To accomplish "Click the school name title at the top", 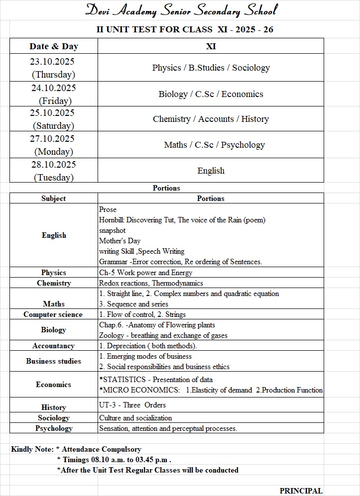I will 181,10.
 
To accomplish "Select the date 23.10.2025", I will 53,62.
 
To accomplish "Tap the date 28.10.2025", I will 53,165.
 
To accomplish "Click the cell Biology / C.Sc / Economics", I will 211,94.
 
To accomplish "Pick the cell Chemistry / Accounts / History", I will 211,119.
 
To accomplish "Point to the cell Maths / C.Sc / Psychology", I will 214,145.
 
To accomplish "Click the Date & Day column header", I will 54,46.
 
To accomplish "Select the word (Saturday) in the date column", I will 53,126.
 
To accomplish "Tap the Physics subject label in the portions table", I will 54,273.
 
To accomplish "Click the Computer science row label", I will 53,314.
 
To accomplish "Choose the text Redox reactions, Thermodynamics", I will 151,283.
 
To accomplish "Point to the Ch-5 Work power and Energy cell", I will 145,273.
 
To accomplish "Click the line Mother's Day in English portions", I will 120,241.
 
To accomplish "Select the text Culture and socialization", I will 135,418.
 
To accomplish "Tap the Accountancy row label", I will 54,346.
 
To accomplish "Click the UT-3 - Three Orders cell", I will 132,405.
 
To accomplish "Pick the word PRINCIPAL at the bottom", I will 301,491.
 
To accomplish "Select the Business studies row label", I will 54,361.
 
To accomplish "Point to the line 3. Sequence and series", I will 133,304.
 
